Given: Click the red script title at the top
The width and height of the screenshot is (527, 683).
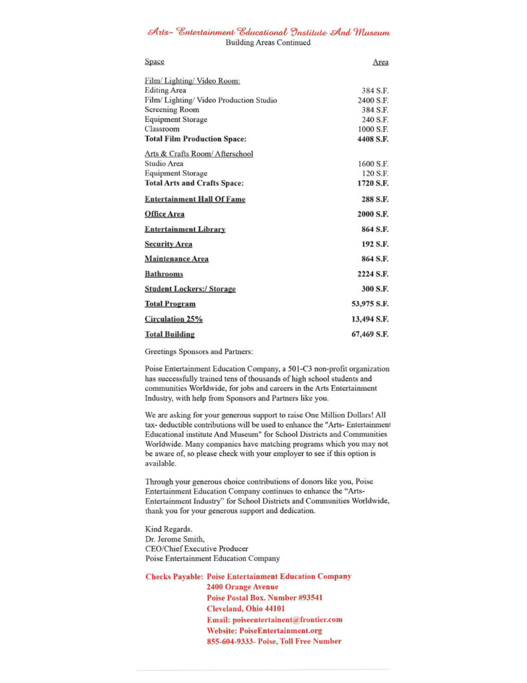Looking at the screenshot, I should point(268,31).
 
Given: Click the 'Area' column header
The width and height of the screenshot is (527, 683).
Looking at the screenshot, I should point(380,62).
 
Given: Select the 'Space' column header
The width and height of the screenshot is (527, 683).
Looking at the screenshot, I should point(154,62).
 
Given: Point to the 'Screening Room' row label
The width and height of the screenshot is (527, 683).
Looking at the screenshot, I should point(171,109).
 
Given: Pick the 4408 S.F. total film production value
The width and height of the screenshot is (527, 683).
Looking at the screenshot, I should point(373,139).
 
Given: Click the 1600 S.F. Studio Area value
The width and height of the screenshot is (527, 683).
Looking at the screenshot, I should point(373,163).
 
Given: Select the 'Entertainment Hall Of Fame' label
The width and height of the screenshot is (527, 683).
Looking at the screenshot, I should point(195,199).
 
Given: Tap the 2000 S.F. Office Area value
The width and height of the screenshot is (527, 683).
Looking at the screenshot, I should point(373,214).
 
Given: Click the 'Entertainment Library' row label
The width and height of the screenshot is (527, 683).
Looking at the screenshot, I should point(185,229).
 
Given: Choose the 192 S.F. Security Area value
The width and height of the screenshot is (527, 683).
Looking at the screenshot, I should point(375,244).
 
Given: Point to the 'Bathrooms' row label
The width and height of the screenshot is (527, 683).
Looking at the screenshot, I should point(164,274).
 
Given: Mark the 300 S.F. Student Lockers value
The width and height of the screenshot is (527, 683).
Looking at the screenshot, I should point(375,289).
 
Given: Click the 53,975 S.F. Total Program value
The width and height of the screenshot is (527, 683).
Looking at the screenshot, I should point(370,304).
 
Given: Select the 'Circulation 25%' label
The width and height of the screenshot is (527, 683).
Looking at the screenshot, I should point(173,319).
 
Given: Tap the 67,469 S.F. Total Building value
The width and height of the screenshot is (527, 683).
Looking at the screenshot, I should point(370,334).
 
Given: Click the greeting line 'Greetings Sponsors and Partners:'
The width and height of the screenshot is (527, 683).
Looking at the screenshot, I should point(199,351).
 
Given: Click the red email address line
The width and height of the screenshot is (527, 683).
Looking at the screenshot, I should point(274,620).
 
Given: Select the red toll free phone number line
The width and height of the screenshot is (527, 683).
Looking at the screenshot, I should point(274,641).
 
